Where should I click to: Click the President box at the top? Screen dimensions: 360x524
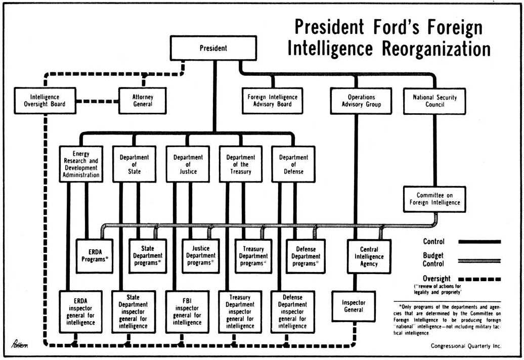tap(213, 49)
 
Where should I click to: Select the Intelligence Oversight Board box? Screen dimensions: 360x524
tap(45, 101)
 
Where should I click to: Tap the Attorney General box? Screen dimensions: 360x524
tap(143, 101)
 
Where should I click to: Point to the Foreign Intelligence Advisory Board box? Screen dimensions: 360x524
tap(272, 101)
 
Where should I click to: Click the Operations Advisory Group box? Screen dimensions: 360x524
tap(361, 101)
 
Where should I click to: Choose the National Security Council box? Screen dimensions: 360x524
tap(434, 101)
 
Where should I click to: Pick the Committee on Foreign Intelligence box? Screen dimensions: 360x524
tap(434, 199)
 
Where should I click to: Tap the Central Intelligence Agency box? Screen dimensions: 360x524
tap(369, 256)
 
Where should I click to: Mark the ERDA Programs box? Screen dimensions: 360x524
tap(95, 256)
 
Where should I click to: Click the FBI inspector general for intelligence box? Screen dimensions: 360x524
tap(187, 311)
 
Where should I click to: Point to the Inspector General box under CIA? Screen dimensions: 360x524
tap(354, 306)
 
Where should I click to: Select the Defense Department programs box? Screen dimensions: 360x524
tap(306, 256)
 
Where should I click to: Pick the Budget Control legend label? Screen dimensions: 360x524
tap(433, 259)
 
